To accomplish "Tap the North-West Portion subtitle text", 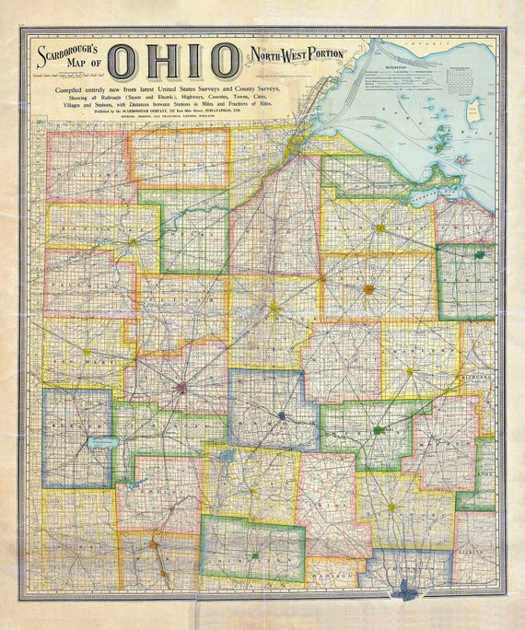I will [x=293, y=53].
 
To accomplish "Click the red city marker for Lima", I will [x=181, y=388].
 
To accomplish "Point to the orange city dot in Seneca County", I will [x=368, y=289].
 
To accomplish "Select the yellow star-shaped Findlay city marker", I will [x=274, y=309].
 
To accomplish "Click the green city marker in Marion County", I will [x=379, y=430].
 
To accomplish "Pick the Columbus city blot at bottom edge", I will [x=403, y=586].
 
